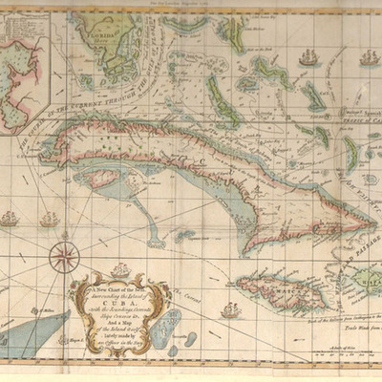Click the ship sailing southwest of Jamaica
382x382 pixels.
pyautogui.click(x=230, y=310)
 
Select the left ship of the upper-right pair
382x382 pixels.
pyautogui.click(x=308, y=59)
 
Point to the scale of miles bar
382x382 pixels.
pyautogui.click(x=345, y=359)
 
